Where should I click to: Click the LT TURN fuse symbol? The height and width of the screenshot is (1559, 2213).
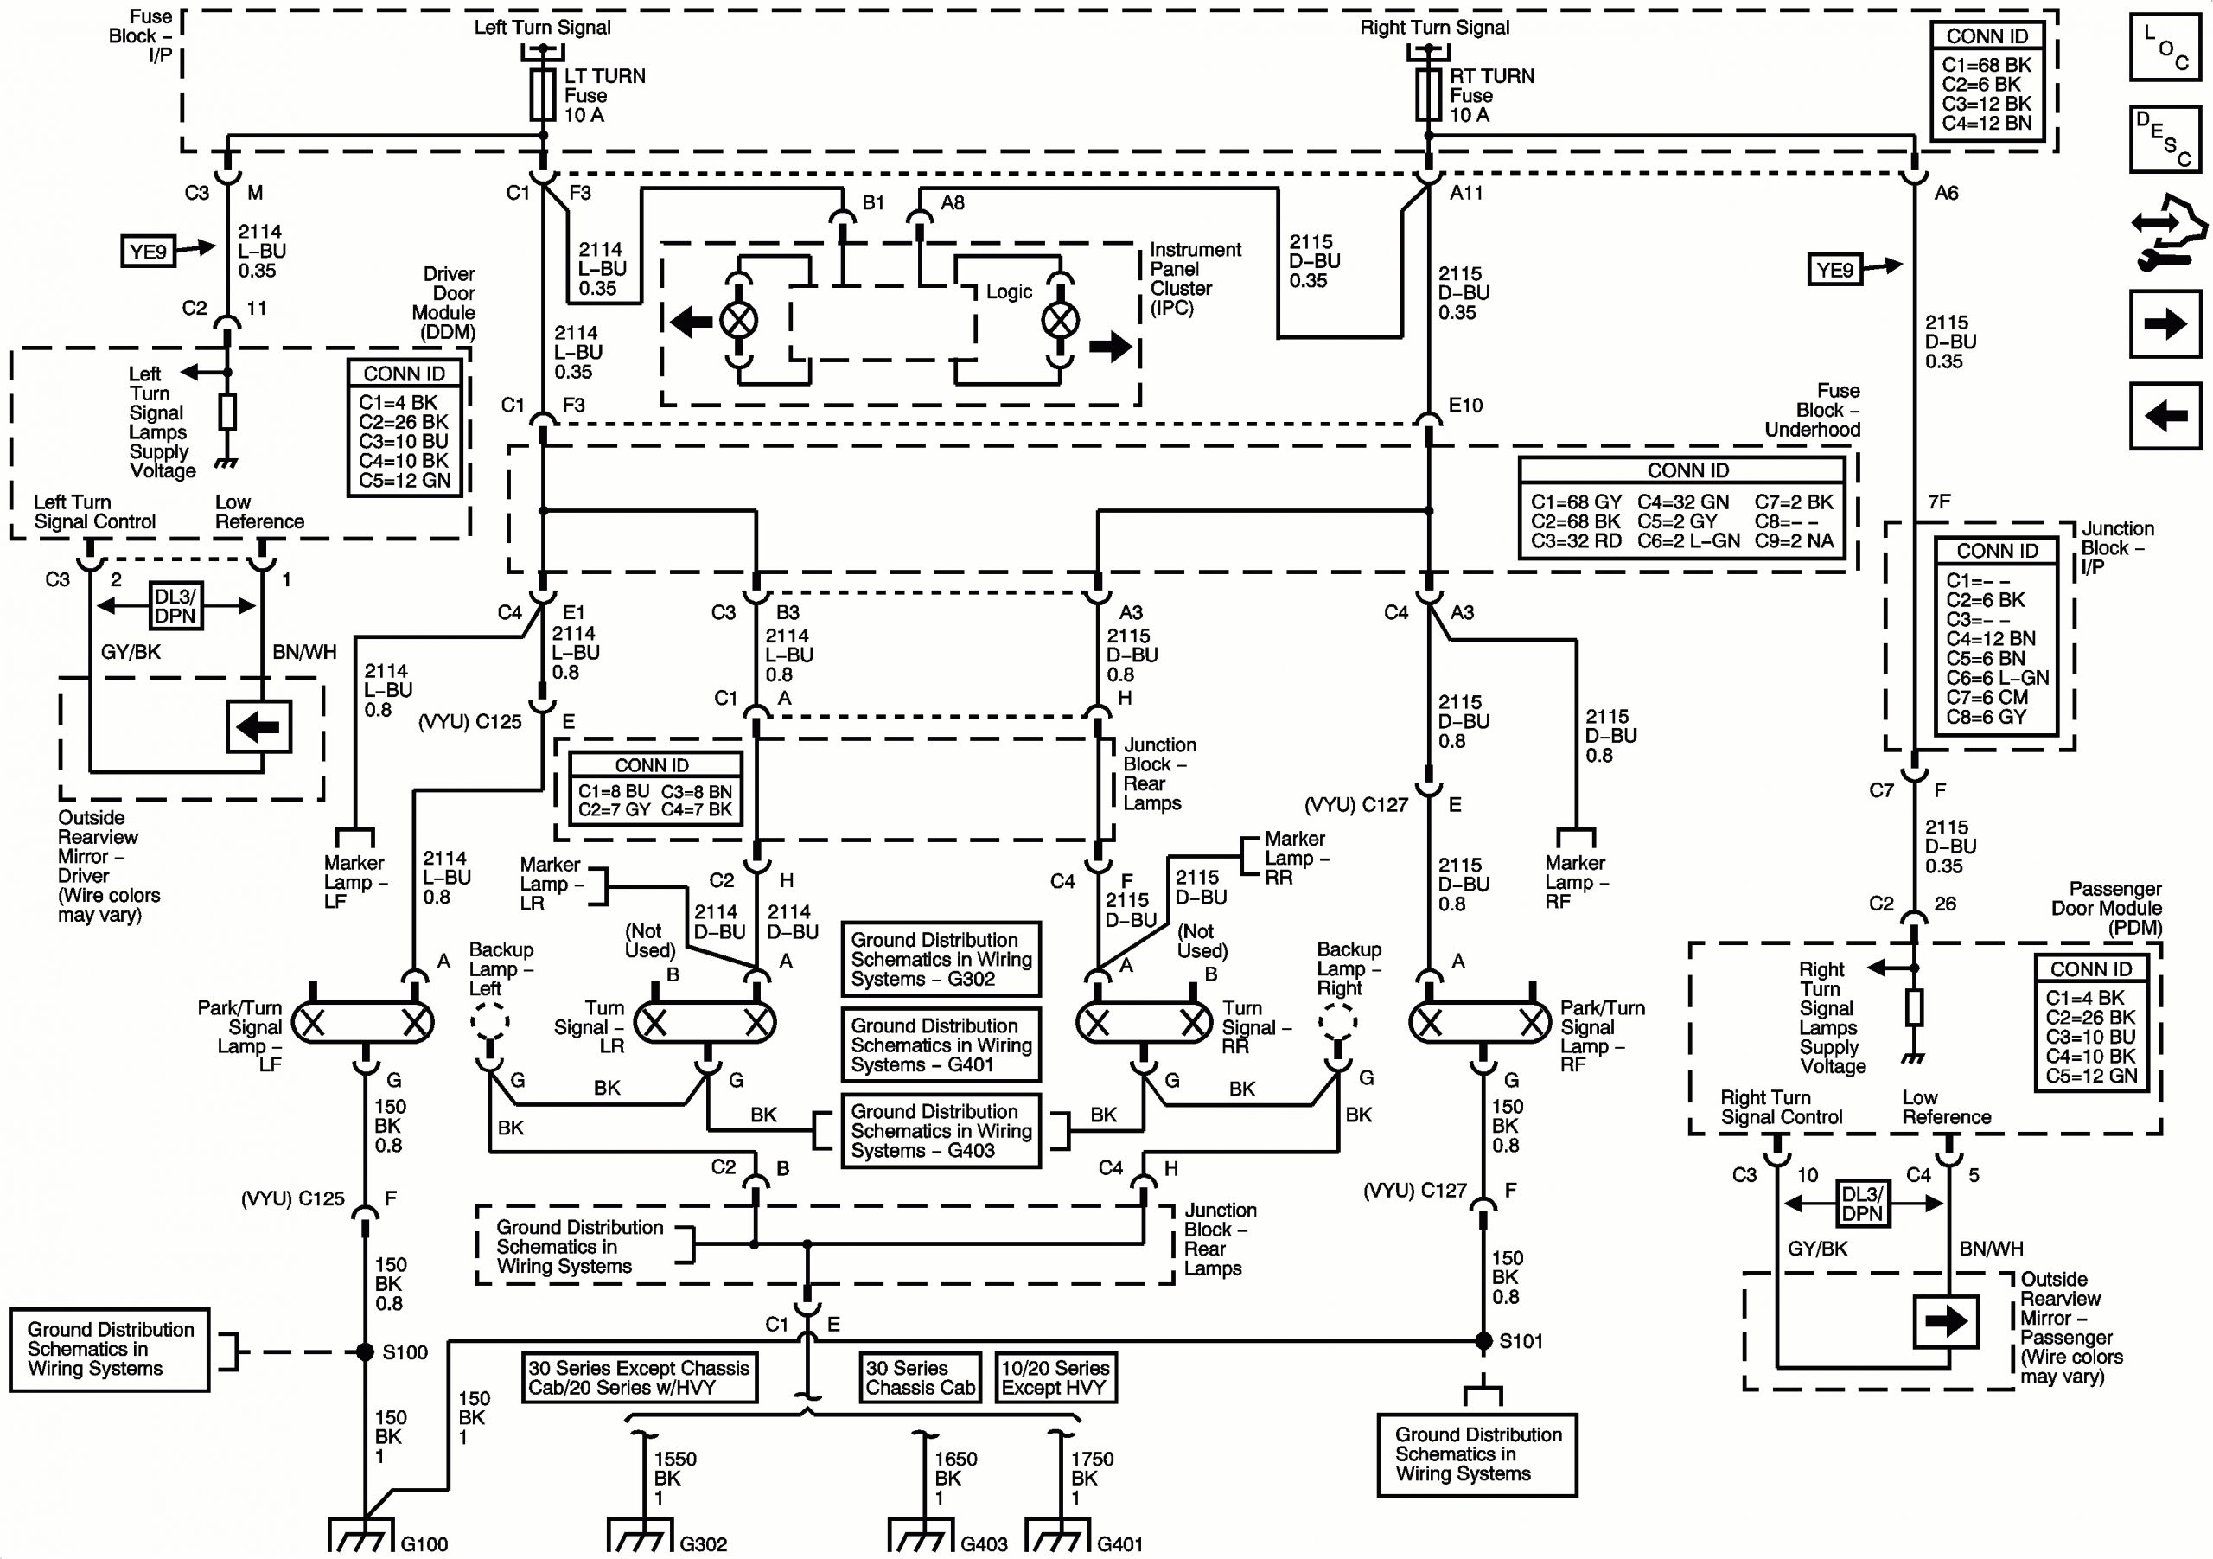click(x=544, y=94)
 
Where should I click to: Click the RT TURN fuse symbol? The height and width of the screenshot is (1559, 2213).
click(x=1428, y=94)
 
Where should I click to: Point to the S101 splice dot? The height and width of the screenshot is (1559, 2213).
click(x=1484, y=1341)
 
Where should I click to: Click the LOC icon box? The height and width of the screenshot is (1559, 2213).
click(x=2165, y=47)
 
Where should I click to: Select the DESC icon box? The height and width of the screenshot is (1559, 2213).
click(x=2165, y=139)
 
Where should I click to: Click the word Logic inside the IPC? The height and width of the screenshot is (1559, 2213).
click(x=1008, y=292)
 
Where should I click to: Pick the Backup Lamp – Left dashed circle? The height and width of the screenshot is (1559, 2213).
click(x=489, y=1020)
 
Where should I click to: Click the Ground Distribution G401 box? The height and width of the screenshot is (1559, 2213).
click(x=941, y=1045)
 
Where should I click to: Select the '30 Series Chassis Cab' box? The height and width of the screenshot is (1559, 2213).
click(x=920, y=1377)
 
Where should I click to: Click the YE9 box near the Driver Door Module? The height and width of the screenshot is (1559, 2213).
click(x=149, y=252)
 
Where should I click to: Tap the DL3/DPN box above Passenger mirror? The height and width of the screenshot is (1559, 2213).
click(x=1861, y=1204)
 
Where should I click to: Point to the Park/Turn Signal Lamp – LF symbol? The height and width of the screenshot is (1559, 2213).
click(x=362, y=1022)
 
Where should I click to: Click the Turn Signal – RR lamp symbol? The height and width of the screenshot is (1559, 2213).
click(x=1144, y=1022)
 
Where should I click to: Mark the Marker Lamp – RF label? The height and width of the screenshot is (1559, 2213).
click(x=1576, y=881)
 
